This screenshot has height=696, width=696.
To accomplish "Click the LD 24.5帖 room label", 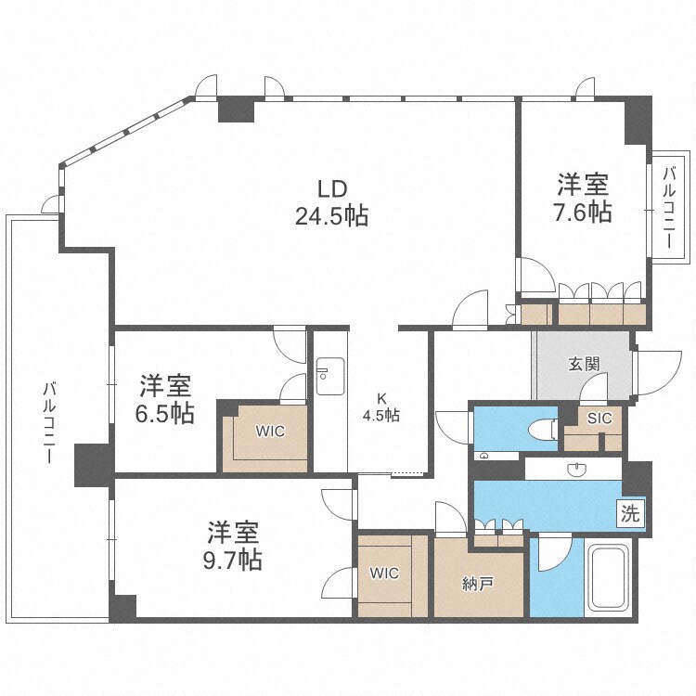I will pyautogui.click(x=330, y=203).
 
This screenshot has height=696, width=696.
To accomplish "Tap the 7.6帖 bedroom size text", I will pyautogui.click(x=584, y=212).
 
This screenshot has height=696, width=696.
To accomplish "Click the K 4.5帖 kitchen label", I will pyautogui.click(x=380, y=408).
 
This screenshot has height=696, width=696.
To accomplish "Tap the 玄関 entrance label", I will pyautogui.click(x=583, y=365).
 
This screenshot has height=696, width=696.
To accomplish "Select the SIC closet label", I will pyautogui.click(x=599, y=418).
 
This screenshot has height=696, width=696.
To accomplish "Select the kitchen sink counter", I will pyautogui.click(x=329, y=391).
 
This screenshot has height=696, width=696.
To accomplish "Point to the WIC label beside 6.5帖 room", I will pyautogui.click(x=270, y=432).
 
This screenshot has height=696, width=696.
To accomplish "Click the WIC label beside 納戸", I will pyautogui.click(x=384, y=574).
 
